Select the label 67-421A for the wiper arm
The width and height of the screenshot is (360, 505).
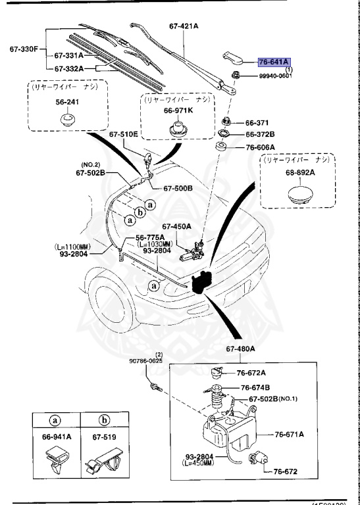[x=188, y=26]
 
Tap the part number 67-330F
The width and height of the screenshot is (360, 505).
[x=25, y=48]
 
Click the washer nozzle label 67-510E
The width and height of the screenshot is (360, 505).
[x=124, y=134]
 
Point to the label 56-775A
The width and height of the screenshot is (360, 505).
[x=151, y=238]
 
